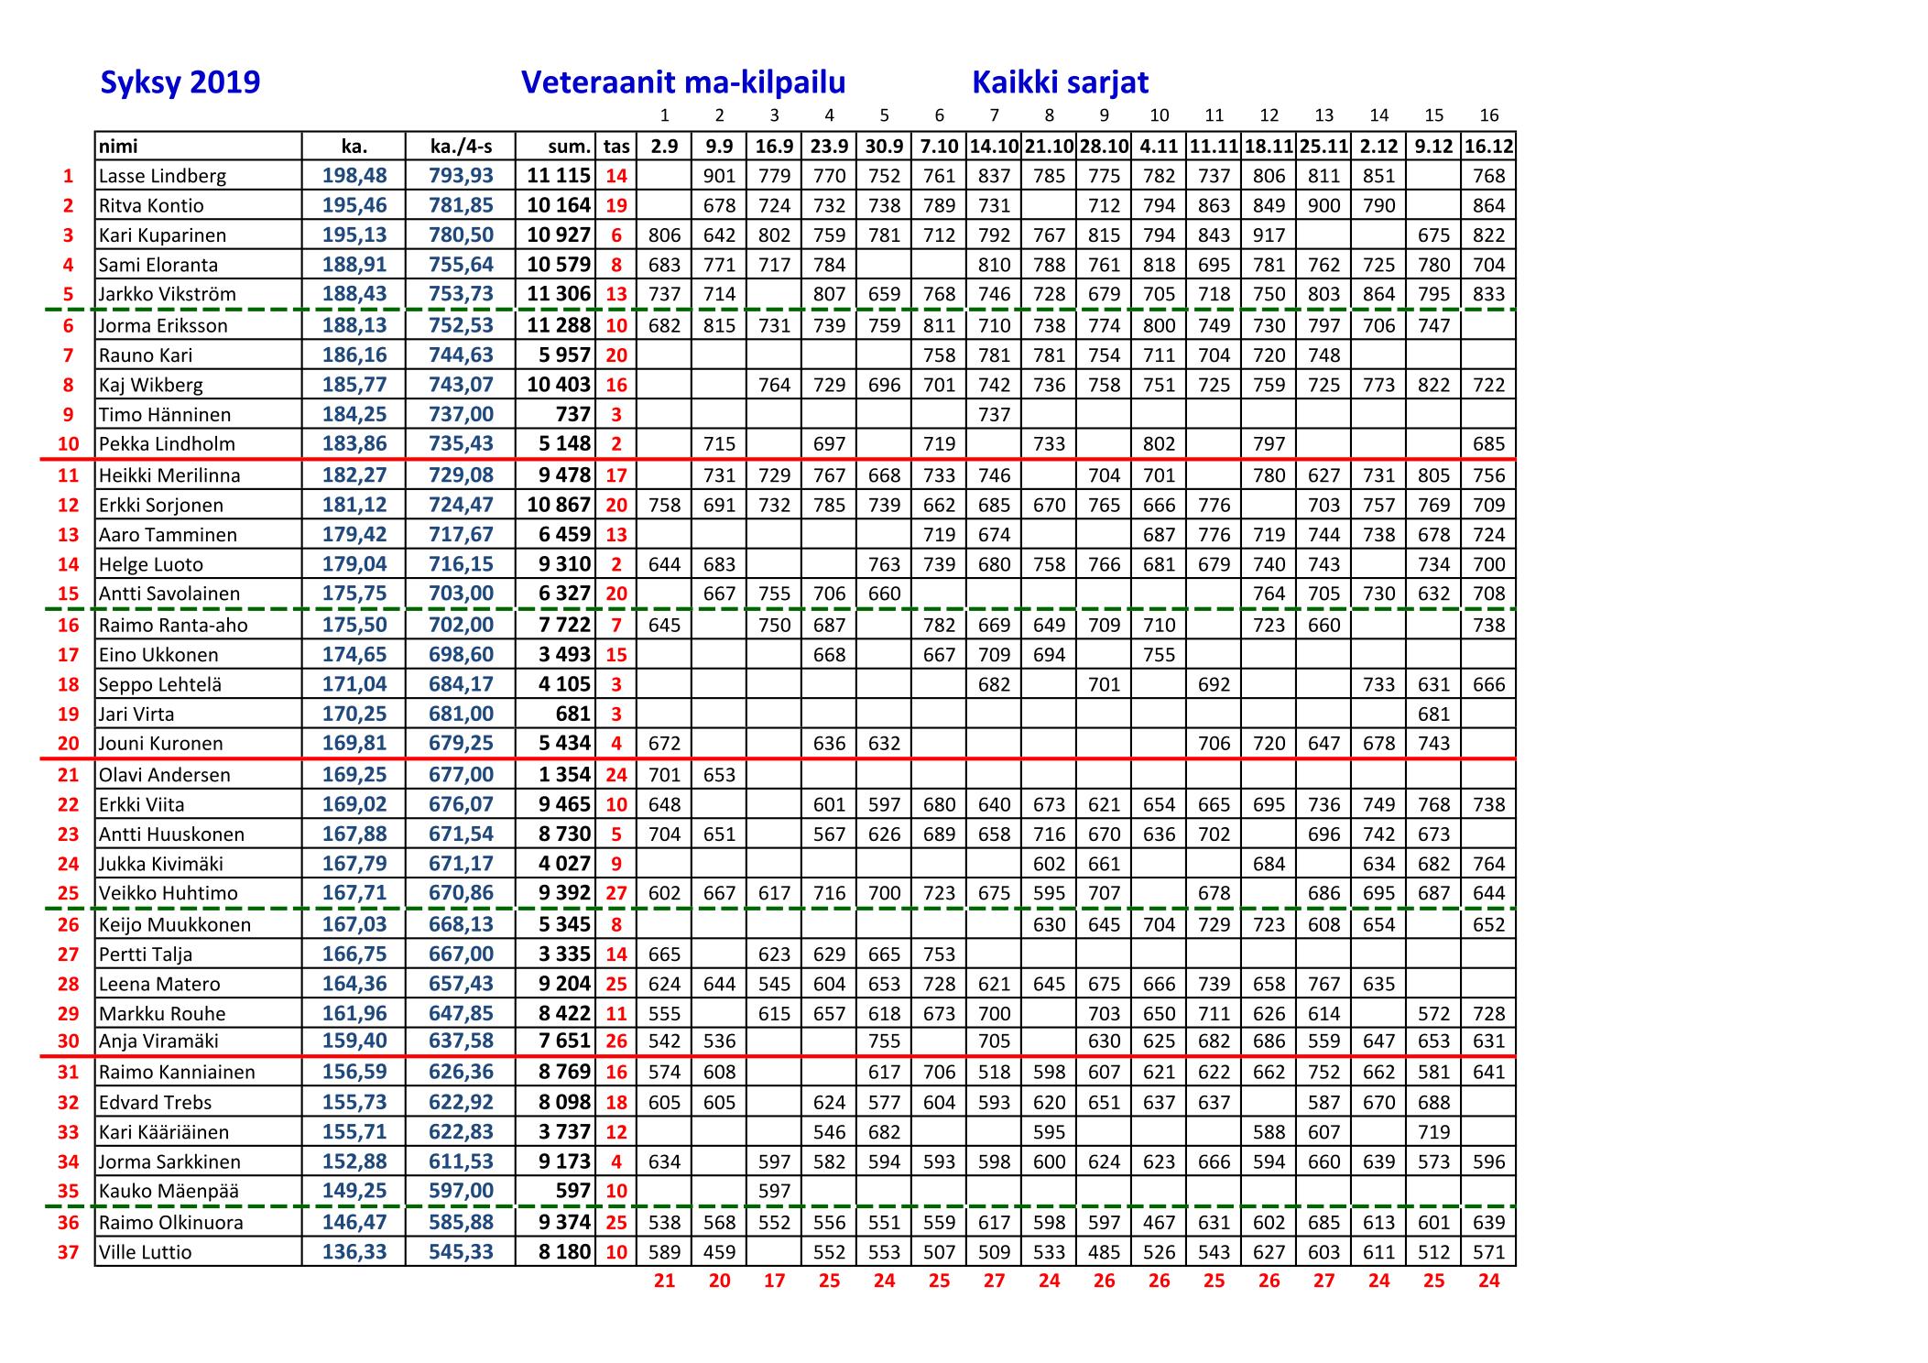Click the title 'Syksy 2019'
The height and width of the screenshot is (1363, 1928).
coord(180,82)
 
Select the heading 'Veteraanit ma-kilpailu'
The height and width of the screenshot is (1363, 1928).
coord(682,82)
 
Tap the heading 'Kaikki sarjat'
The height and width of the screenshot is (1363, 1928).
coord(1060,82)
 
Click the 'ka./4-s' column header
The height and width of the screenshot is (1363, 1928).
coord(461,146)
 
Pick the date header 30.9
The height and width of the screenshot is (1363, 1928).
coord(884,146)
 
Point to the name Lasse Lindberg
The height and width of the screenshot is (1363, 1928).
coord(162,176)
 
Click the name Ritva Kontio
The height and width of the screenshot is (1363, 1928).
coord(151,205)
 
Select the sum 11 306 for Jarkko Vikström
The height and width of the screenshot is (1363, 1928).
coord(559,294)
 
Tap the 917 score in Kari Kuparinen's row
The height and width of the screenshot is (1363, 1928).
coord(1269,234)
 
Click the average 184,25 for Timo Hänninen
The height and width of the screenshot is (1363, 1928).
coord(354,414)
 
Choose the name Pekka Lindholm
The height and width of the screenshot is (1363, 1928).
coord(167,443)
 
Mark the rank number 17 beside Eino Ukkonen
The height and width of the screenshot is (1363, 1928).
coord(69,655)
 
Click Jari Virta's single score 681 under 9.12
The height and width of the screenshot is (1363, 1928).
coord(1433,714)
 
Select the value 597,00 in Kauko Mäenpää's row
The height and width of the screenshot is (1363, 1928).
coord(461,1191)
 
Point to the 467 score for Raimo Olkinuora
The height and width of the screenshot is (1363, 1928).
coord(1159,1222)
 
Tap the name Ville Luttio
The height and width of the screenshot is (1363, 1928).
coord(145,1252)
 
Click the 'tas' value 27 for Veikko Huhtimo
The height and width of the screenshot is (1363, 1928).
coord(616,893)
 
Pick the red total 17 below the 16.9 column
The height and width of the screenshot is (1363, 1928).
coord(774,1281)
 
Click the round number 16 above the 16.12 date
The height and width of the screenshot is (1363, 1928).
coord(1488,115)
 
